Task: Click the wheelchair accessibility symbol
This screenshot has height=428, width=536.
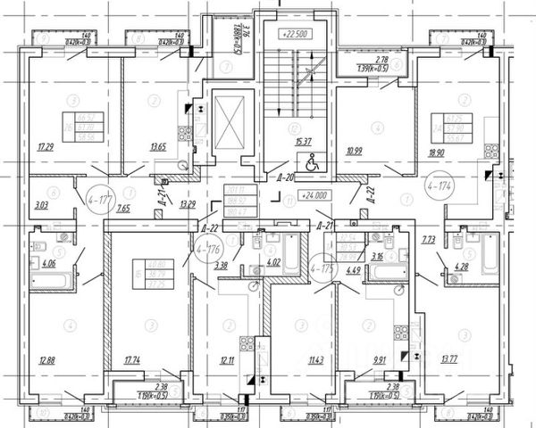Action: pyautogui.click(x=313, y=163)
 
